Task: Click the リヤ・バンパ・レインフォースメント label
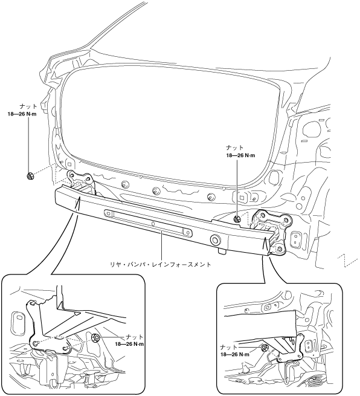coord(161,265)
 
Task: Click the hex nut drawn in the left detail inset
coord(95,337)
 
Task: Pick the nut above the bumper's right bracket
coord(237,219)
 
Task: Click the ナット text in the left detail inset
coord(135,337)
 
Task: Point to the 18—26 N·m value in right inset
coord(235,354)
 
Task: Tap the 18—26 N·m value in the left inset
coord(129,344)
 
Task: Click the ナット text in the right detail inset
coord(229,347)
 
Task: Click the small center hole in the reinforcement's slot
coord(153,223)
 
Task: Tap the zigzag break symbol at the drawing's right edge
coord(348,259)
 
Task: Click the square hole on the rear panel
coord(242,198)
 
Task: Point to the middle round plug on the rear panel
coord(156,190)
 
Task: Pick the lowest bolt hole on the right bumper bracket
coord(279,248)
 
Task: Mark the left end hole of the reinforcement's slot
coord(109,213)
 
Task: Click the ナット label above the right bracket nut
coord(235,148)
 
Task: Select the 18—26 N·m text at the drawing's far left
coord(22,114)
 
